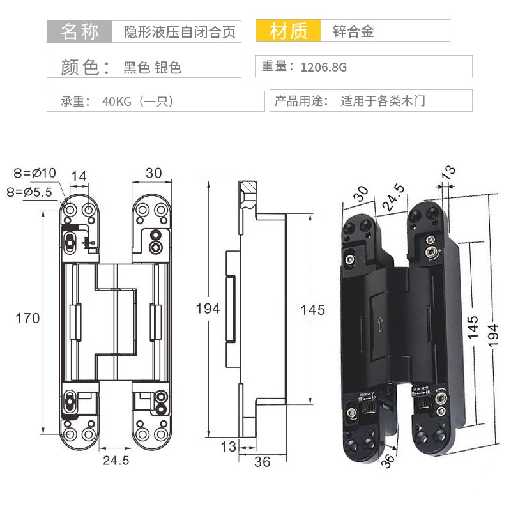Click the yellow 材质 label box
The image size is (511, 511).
pos(289,31)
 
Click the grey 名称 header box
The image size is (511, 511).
pos(80,31)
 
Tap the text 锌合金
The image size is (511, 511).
pos(353,31)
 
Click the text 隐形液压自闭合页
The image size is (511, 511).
pos(176,31)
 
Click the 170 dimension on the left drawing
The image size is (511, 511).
pos(28,317)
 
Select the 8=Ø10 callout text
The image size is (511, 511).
pos(35,173)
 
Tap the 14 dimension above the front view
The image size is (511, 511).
pos(79,176)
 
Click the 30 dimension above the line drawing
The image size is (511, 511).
pos(154,173)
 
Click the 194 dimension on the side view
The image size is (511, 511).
pos(208,309)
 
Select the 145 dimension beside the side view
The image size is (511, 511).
pos(312,310)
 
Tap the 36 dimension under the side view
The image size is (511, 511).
pos(262,461)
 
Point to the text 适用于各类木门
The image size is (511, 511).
pos(382,102)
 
